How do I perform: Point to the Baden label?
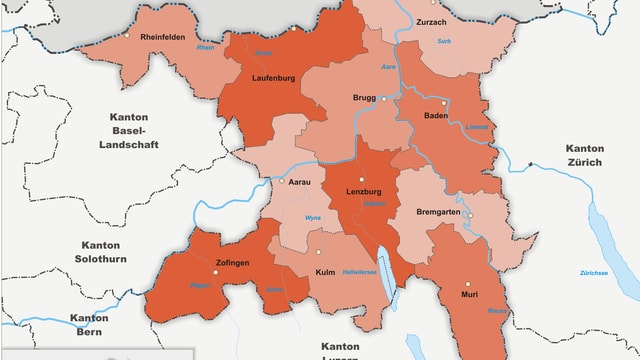point(436,116)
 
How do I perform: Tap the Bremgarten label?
point(437,213)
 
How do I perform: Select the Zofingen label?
point(232,263)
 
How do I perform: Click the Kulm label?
point(325,272)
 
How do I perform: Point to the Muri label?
point(469,295)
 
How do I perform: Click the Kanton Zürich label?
point(592,155)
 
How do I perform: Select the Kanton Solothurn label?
point(100,252)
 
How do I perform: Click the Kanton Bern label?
point(89,325)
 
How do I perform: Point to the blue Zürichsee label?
point(594,273)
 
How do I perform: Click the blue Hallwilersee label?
point(360,273)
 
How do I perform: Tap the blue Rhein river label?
point(206,48)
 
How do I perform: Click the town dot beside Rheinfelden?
point(127,35)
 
